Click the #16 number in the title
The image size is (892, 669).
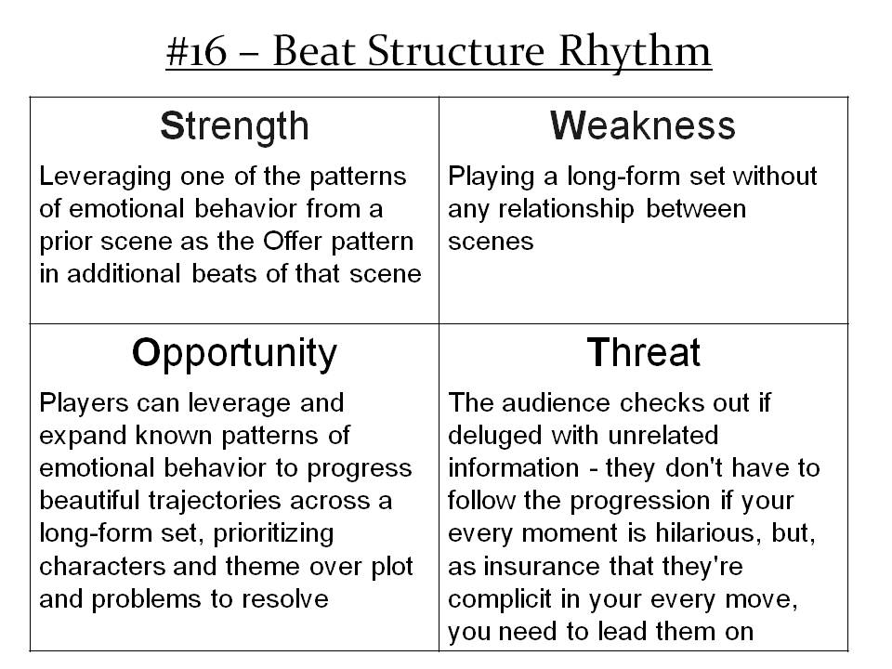[196, 52]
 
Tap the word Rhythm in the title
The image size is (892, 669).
[635, 51]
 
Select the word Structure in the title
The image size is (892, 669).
[456, 51]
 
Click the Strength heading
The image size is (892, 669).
[234, 126]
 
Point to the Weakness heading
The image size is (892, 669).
[643, 125]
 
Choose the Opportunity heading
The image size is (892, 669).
[234, 354]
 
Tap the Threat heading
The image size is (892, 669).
[643, 353]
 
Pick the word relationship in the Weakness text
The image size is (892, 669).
[566, 210]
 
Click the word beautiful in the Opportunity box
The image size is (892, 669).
[89, 501]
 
